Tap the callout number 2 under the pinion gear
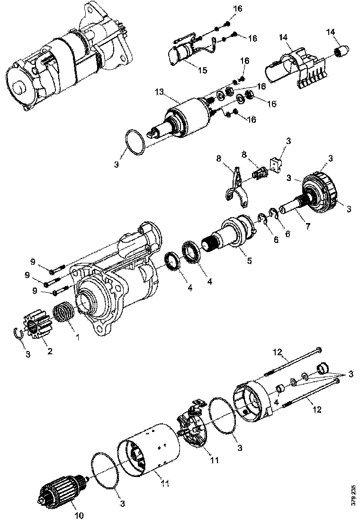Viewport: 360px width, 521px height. pyautogui.click(x=49, y=351)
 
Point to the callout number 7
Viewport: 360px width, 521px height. pyautogui.click(x=307, y=226)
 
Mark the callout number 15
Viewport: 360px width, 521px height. pyautogui.click(x=202, y=70)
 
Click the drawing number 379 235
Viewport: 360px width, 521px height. pyautogui.click(x=353, y=495)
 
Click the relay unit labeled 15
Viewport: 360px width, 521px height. pyautogui.click(x=185, y=52)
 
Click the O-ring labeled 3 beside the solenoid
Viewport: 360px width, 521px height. pyautogui.click(x=134, y=142)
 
